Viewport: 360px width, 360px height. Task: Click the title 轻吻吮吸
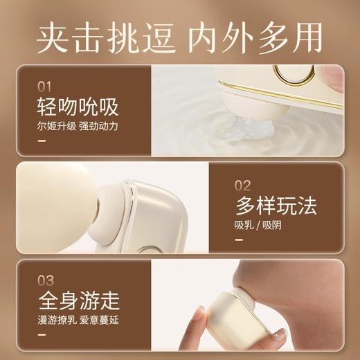pos(78,108)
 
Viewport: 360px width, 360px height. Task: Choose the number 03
pos(44,281)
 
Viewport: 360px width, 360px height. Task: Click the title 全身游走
pos(78,303)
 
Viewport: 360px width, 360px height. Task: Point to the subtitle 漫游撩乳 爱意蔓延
pos(78,321)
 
